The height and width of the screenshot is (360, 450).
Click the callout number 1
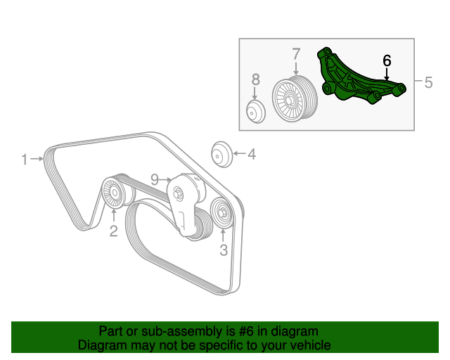[25, 160]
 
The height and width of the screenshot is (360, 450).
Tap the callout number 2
[114, 231]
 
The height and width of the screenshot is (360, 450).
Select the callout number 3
[224, 250]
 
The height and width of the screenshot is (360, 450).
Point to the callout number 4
[252, 154]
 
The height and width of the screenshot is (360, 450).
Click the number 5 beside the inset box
[428, 82]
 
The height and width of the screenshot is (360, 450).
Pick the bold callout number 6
[387, 60]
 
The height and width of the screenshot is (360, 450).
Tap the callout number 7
[296, 54]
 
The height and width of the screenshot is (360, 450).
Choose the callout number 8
[255, 79]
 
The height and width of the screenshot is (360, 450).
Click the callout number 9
[155, 180]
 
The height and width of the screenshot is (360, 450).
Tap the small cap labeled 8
[256, 111]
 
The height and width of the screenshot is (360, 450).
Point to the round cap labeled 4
[221, 154]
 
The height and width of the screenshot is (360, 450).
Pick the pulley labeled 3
[222, 213]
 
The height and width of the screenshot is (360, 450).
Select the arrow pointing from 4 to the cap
[239, 153]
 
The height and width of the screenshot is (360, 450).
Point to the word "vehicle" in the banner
[314, 345]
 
